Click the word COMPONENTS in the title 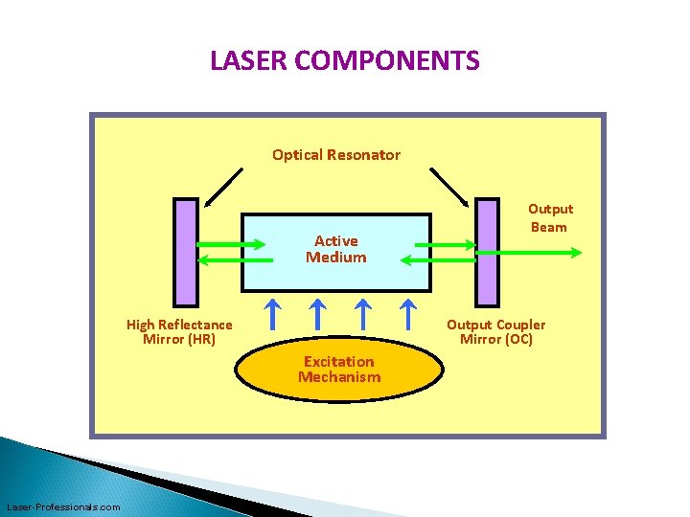[x=387, y=61]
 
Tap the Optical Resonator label [x=336, y=154]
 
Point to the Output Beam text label [x=550, y=217]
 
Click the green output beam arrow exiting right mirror [x=537, y=253]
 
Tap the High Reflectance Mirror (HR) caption [x=179, y=332]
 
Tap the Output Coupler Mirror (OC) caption [x=495, y=332]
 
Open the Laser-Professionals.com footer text [x=63, y=506]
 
